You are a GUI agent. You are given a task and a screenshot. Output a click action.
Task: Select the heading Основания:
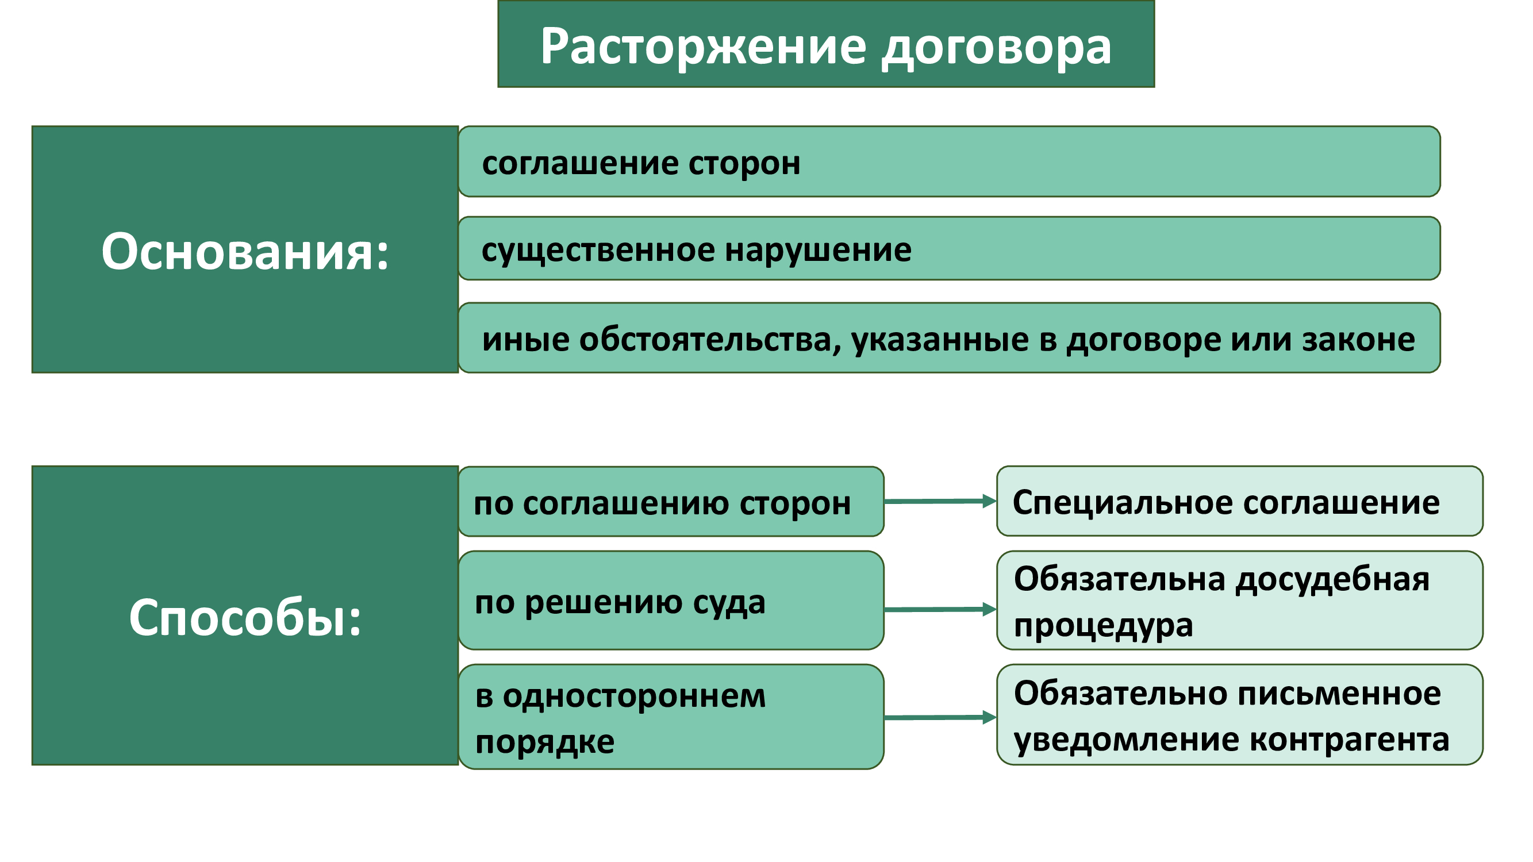click(245, 251)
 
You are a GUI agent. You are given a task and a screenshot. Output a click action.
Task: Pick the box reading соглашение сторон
click(948, 161)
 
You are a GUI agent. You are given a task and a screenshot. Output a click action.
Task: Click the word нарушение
click(818, 251)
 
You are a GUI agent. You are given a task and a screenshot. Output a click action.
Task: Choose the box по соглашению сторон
click(671, 501)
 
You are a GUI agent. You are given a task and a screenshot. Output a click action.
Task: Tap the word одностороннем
click(634, 695)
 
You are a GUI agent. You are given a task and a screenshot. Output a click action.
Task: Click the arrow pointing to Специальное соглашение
click(940, 501)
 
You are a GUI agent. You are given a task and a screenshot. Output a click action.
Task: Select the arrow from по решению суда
click(940, 609)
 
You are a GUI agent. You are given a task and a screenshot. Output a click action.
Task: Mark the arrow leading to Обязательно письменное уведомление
click(940, 717)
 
